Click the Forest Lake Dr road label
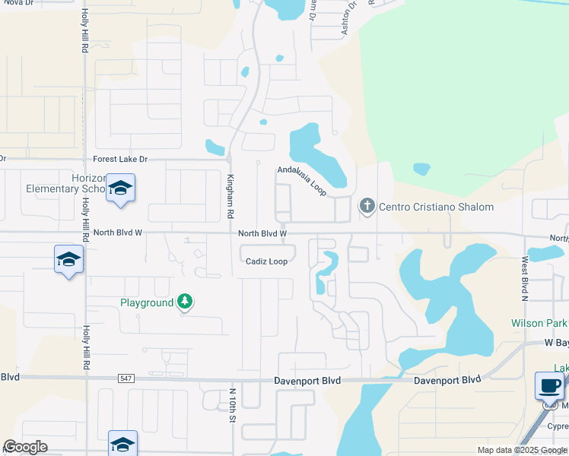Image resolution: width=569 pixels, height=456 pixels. pos(120,160)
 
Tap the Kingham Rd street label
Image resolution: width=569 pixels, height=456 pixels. pos(230,195)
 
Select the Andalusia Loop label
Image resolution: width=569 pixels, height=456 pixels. pos(302,181)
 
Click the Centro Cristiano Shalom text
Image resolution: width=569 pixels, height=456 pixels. pos(436,207)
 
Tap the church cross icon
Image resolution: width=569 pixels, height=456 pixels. pos(367,205)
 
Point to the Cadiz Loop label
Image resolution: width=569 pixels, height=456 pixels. pos(266,261)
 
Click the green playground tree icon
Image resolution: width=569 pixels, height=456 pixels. pos(184,302)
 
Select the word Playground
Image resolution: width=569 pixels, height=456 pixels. pos(147,302)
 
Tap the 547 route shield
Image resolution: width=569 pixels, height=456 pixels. pos(126,378)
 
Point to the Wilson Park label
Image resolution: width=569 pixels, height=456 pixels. pos(539,323)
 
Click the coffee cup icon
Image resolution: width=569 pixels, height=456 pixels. pos(549,385)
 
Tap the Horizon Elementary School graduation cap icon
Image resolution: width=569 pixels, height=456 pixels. pos(120,188)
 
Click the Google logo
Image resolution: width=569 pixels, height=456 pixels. pos(25,447)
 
